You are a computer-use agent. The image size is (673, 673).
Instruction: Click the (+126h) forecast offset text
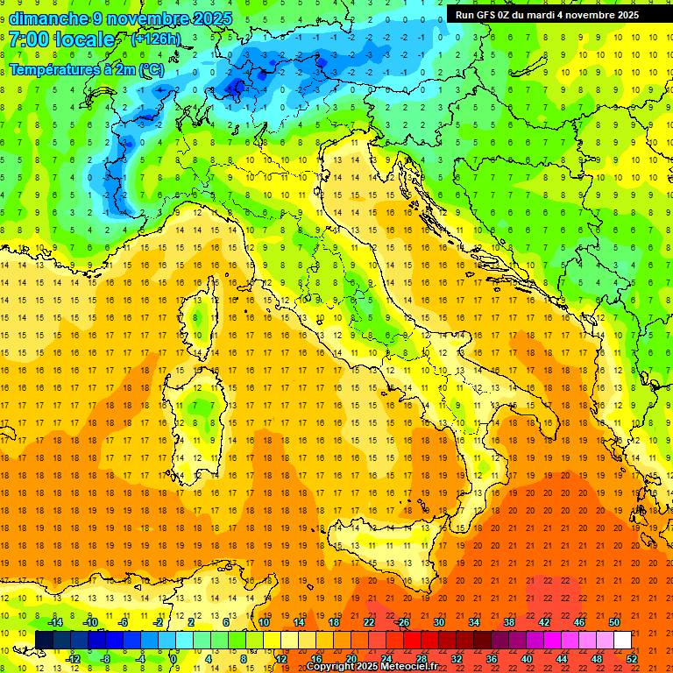[156, 39]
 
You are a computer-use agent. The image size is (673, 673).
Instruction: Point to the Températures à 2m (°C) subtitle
[86, 68]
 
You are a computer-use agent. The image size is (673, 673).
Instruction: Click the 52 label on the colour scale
[632, 658]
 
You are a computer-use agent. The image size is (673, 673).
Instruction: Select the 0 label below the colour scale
[174, 658]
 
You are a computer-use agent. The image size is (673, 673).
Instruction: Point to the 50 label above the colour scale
[614, 622]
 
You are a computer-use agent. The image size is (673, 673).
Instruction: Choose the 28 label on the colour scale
[421, 658]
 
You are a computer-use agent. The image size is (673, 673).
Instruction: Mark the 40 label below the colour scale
[526, 658]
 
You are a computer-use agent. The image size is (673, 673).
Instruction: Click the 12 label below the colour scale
[281, 658]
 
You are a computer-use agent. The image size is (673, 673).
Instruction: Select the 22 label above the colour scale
[368, 622]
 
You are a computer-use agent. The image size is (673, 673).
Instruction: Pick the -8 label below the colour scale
[104, 658]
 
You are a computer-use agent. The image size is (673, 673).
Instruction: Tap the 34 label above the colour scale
[473, 622]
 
